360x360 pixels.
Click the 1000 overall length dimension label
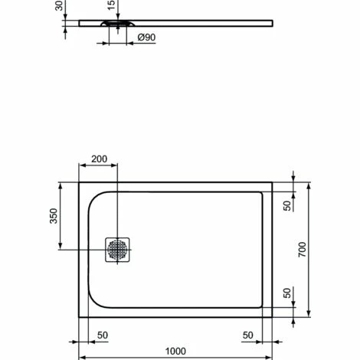coord(177,349)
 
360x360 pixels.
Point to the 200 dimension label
coord(100,159)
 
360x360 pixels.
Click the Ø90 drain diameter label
coord(148,38)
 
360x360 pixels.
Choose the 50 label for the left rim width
coord(102,335)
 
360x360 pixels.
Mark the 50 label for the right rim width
coord(249,335)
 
